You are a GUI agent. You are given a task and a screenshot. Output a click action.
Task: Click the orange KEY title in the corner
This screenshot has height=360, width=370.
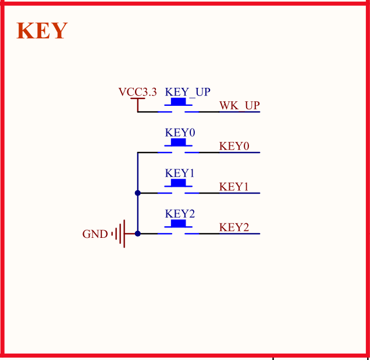(x=42, y=31)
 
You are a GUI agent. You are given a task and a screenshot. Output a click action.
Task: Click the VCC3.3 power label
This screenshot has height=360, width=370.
(x=137, y=92)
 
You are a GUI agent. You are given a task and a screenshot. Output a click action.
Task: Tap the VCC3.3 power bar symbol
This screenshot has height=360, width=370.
(x=137, y=100)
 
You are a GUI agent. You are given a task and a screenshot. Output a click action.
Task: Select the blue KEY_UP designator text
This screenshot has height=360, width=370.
(x=187, y=92)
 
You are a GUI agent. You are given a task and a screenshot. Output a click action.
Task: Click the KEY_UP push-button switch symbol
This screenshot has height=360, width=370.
(x=178, y=106)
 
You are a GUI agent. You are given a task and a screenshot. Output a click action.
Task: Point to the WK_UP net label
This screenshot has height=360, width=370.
(x=239, y=105)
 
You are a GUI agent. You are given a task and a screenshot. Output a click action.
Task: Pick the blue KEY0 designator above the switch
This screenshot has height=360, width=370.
(x=180, y=133)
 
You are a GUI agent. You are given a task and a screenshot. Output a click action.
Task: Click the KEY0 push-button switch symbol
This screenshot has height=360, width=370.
(x=178, y=147)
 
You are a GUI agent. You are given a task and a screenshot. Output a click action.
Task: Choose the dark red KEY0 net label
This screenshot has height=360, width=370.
(x=234, y=146)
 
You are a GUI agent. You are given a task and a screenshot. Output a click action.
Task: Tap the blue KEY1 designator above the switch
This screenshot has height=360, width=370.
(x=180, y=173)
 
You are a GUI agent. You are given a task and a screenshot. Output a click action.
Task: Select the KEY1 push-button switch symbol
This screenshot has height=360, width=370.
(x=178, y=187)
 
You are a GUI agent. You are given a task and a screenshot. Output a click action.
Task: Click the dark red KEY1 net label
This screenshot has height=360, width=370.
(x=234, y=187)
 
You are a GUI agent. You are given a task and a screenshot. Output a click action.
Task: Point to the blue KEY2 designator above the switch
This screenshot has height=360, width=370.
(x=180, y=214)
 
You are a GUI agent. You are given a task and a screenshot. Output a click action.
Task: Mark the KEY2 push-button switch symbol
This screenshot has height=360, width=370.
(x=178, y=228)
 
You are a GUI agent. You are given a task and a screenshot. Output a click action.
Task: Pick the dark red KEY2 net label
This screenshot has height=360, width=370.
(x=234, y=227)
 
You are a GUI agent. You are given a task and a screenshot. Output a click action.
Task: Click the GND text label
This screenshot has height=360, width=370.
(x=95, y=234)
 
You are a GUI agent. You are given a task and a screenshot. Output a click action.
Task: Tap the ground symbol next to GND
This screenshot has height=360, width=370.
(x=119, y=234)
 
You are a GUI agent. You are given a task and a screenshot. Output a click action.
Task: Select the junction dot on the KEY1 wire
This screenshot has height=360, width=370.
(x=137, y=193)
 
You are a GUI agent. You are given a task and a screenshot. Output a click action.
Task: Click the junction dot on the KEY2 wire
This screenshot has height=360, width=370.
(x=137, y=234)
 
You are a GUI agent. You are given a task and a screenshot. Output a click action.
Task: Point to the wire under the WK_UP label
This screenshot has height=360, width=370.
(x=239, y=112)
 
